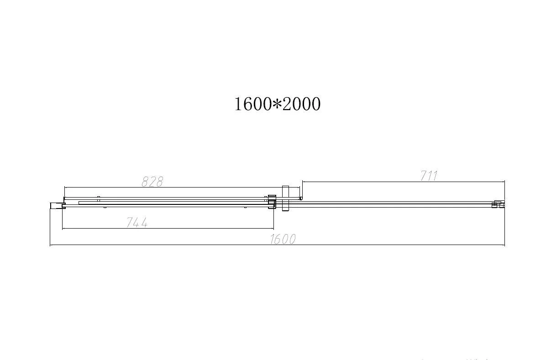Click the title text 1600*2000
tap(277, 104)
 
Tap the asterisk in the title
tap(277, 104)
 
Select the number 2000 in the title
tap(301, 104)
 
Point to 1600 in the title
tap(253, 104)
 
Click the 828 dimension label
tap(152, 182)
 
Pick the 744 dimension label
tap(136, 223)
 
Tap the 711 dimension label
tap(429, 176)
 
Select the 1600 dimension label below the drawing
tap(283, 239)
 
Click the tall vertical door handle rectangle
tap(286, 198)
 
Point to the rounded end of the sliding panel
tap(300, 198)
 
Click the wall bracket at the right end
tap(497, 204)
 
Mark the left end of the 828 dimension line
tap(64, 187)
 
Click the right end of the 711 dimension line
tap(504, 182)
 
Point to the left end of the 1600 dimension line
tap(50, 245)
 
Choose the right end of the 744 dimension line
tap(273, 228)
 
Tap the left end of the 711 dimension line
tap(302, 182)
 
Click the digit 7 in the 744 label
tap(129, 223)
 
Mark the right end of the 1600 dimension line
tap(504, 245)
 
